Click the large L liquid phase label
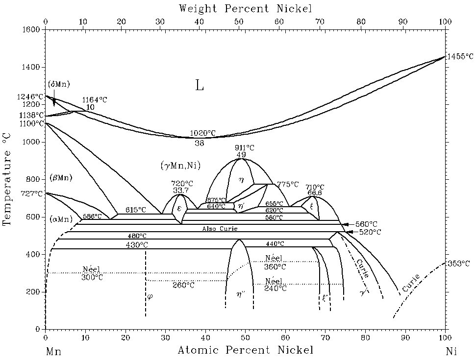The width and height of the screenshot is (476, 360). click(199, 86)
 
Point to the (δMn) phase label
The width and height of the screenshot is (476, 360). click(59, 84)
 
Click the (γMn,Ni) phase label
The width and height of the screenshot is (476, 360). click(180, 165)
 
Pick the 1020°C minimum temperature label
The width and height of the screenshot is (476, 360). click(202, 133)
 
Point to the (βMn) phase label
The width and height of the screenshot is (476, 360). click(61, 177)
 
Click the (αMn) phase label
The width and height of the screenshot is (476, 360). click(61, 218)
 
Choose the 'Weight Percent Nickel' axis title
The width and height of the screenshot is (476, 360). click(245, 8)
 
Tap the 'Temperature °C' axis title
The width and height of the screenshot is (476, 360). click(7, 180)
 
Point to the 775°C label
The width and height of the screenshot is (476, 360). click(288, 184)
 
